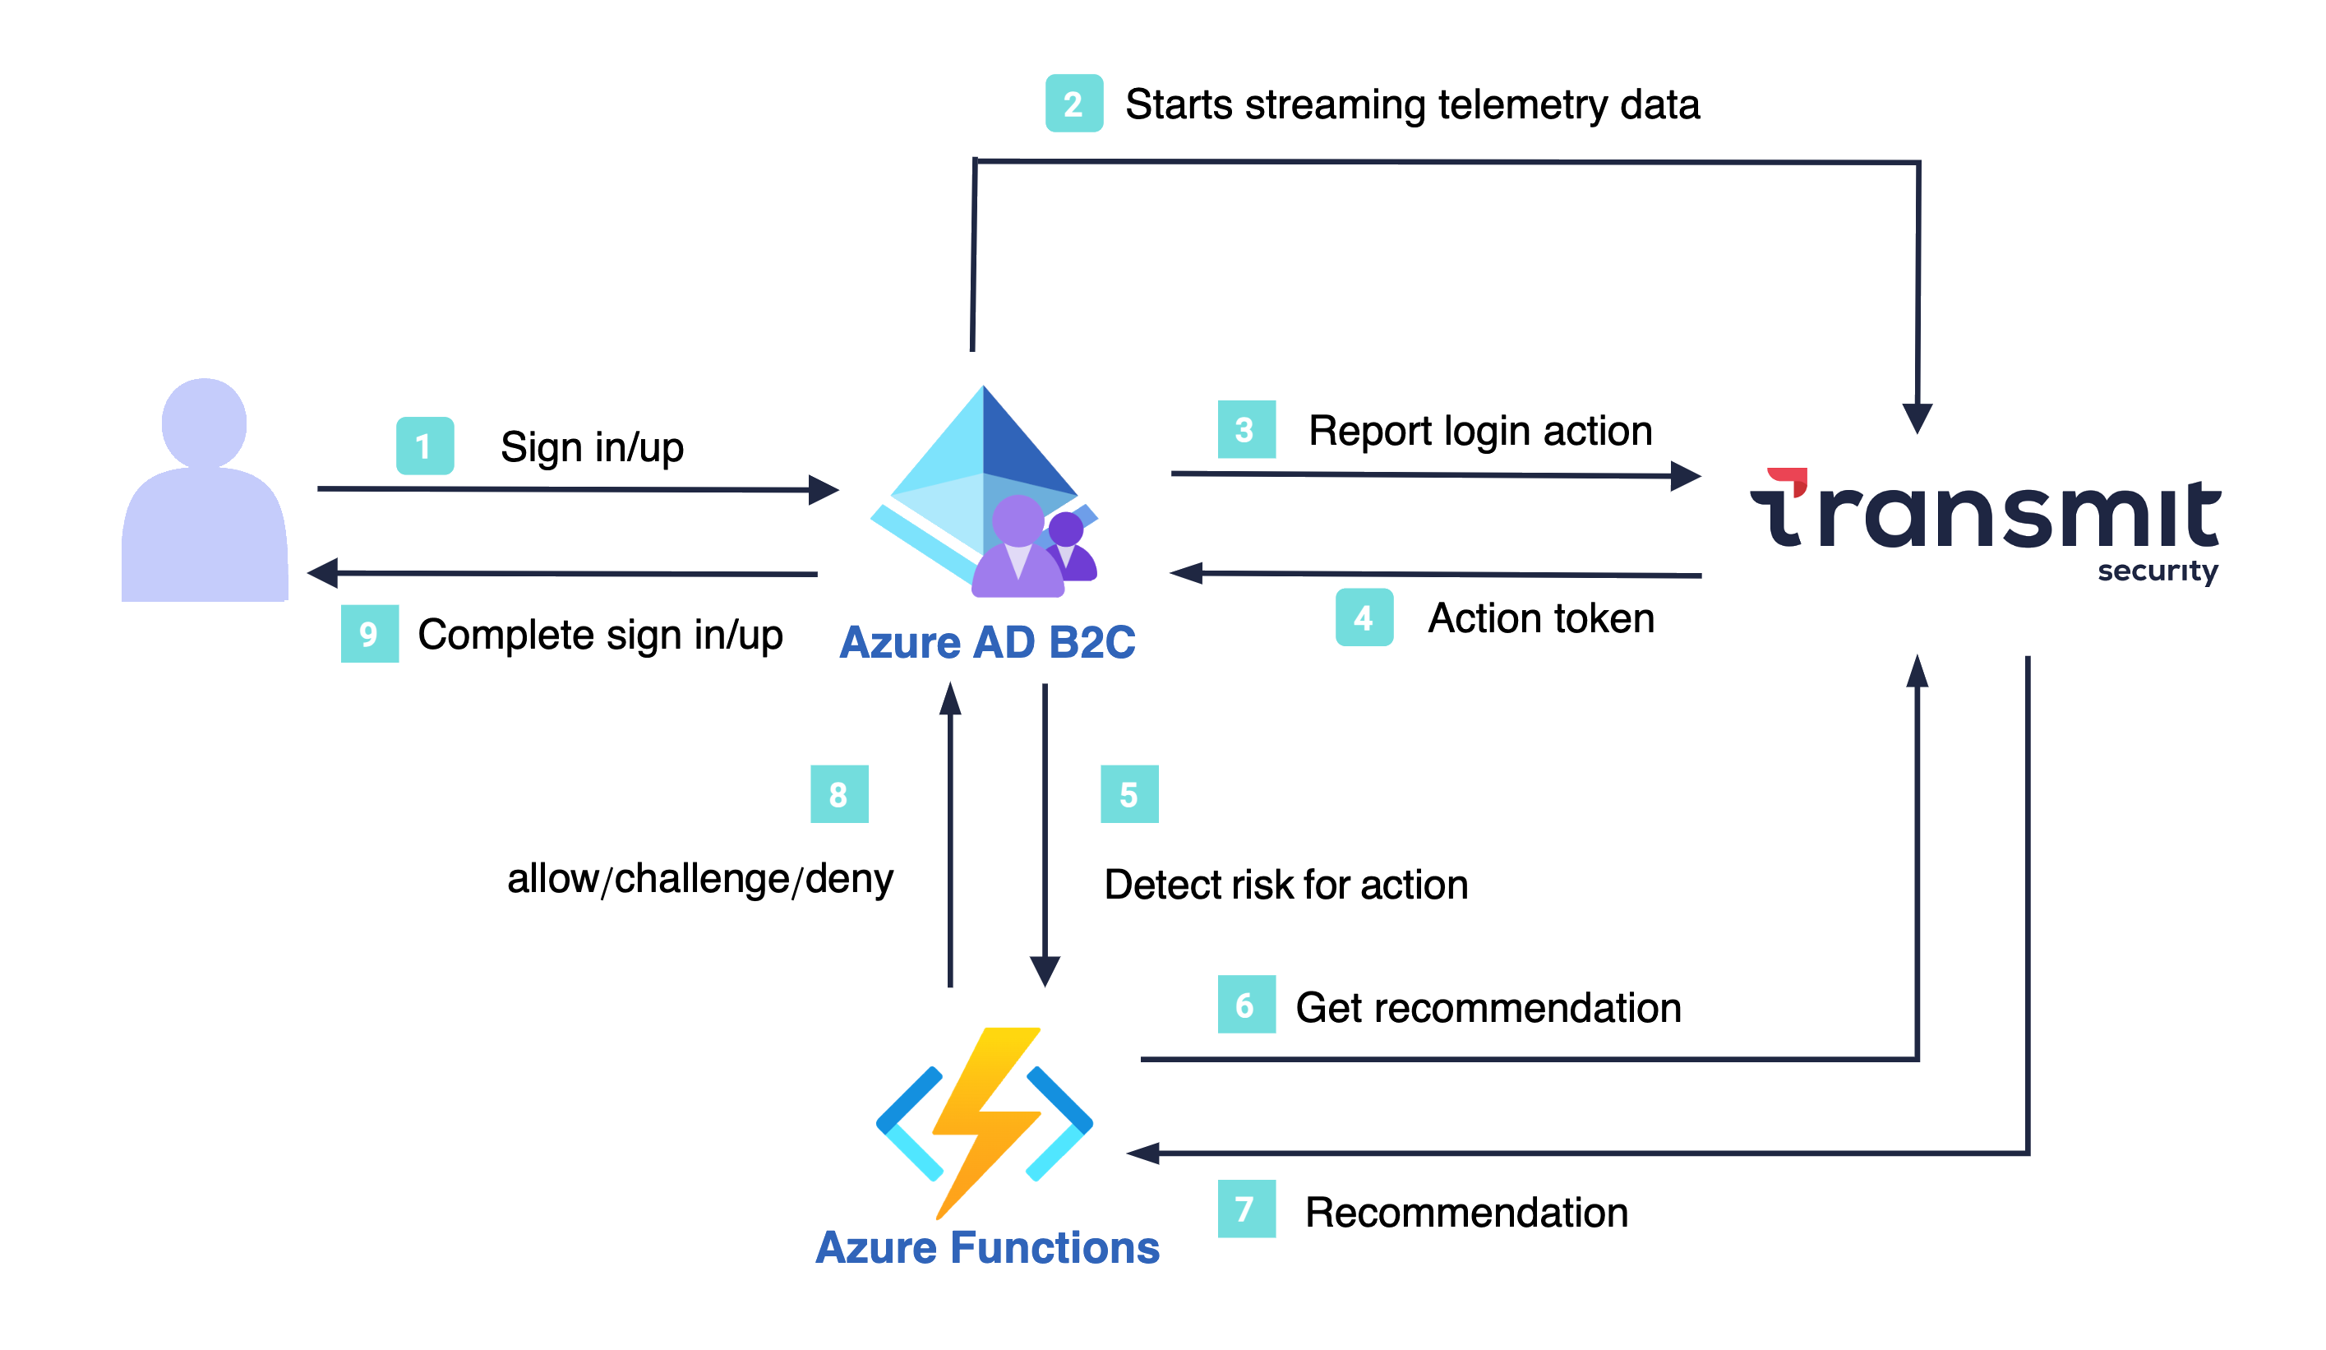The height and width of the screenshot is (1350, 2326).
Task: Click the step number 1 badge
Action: click(425, 446)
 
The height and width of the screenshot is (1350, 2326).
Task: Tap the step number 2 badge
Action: click(1073, 104)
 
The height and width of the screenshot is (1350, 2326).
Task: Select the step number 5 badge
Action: click(1128, 794)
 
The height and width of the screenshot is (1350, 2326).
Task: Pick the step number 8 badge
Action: click(839, 794)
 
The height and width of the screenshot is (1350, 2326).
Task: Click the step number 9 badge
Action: click(369, 633)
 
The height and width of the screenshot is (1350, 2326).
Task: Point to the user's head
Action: click(204, 422)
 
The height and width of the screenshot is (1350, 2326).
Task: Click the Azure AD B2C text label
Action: click(987, 643)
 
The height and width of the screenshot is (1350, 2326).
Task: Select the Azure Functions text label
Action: click(987, 1247)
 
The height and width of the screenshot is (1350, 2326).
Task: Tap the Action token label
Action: click(1540, 617)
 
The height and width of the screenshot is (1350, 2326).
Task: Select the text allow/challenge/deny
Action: click(699, 878)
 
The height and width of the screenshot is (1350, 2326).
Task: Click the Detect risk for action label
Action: click(1285, 885)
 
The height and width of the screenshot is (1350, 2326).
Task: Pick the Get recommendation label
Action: click(1487, 1007)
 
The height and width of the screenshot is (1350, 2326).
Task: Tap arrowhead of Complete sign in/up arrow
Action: click(322, 572)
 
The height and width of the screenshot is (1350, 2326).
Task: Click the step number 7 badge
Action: click(1246, 1209)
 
